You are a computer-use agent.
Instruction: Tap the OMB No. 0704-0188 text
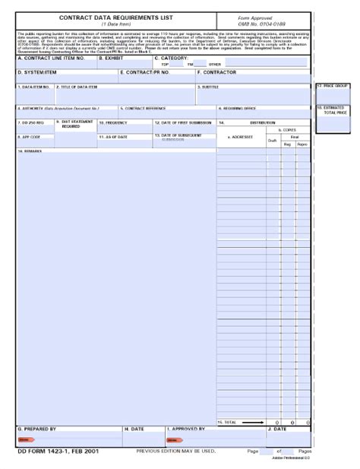[x=262, y=24]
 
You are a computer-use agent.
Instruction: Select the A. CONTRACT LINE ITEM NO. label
[x=51, y=58]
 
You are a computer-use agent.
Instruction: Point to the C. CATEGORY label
[x=175, y=58]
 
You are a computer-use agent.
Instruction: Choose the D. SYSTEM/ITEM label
[x=37, y=73]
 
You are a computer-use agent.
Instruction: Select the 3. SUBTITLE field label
[x=210, y=87]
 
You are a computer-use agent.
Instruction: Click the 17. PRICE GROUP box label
[x=332, y=87]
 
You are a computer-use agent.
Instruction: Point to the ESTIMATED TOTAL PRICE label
[x=334, y=111]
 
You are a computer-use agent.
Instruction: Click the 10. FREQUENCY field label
[x=114, y=122]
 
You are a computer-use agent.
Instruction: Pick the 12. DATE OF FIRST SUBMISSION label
[x=183, y=122]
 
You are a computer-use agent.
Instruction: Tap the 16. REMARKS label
[x=30, y=151]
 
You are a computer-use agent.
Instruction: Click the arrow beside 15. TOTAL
[x=254, y=422]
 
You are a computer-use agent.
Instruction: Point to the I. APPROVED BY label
[x=186, y=429]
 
